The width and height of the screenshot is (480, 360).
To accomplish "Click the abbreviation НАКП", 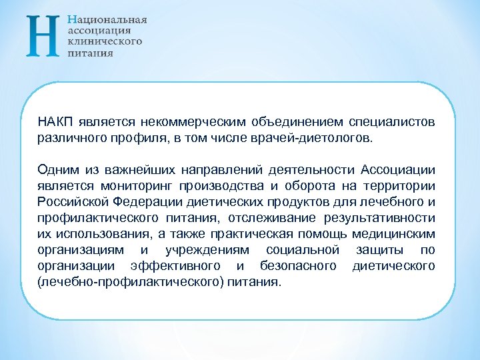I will (x=55, y=123).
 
